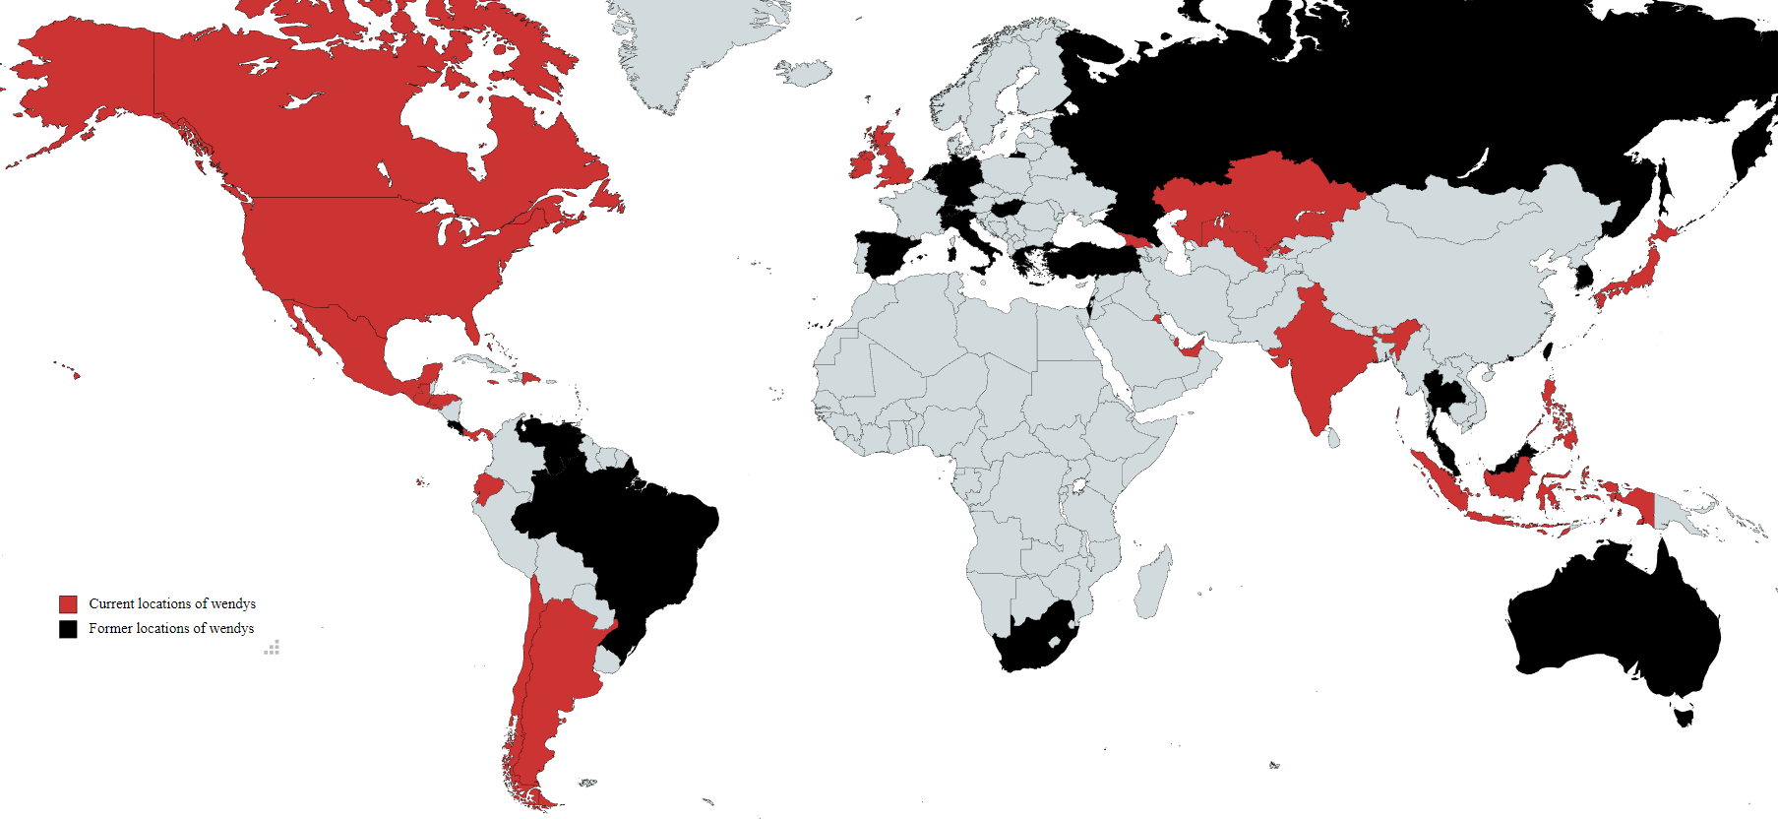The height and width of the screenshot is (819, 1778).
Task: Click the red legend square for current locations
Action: click(68, 603)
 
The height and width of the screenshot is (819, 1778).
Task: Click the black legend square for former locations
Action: click(68, 628)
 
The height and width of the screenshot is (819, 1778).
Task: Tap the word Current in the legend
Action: click(112, 603)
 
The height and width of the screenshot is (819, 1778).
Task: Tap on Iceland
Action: click(805, 72)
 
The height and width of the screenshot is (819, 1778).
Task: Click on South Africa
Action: click(1033, 640)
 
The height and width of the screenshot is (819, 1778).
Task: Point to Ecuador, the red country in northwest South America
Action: click(487, 488)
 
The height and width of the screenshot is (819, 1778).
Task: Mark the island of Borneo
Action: click(1510, 477)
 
